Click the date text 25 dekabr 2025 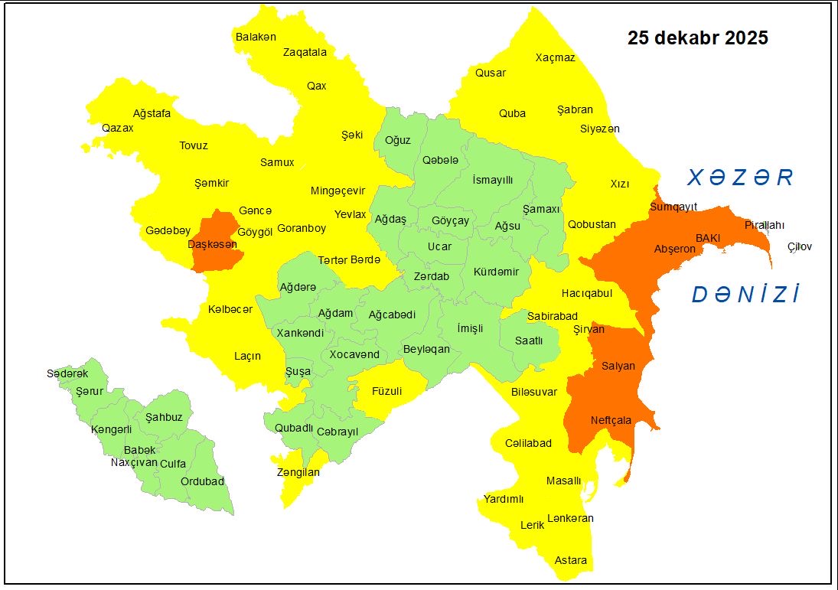[x=697, y=38]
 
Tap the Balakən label [x=256, y=37]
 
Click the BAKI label [x=708, y=238]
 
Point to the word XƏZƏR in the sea [x=740, y=178]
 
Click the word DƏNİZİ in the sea [x=746, y=295]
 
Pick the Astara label [x=571, y=560]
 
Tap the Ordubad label [x=202, y=481]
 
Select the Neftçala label [x=611, y=420]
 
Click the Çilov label [x=799, y=246]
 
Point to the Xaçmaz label [x=555, y=57]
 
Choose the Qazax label [x=118, y=128]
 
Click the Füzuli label [x=386, y=391]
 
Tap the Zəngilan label [x=298, y=472]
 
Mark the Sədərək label [x=67, y=373]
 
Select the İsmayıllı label [x=492, y=179]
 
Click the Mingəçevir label [x=337, y=191]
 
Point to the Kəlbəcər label [x=230, y=309]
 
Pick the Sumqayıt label [x=673, y=207]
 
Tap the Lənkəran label [x=570, y=518]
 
